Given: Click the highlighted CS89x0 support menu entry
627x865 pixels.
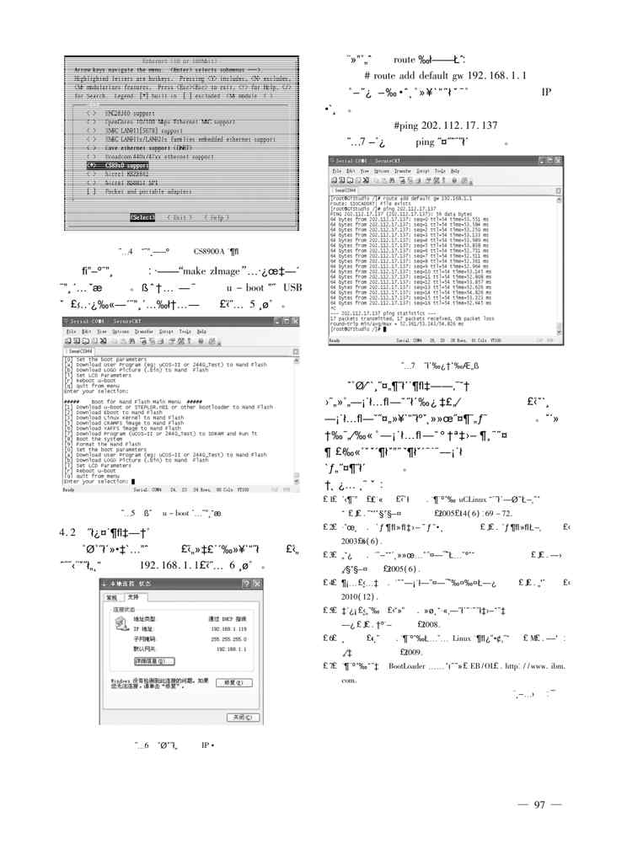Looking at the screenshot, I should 115,166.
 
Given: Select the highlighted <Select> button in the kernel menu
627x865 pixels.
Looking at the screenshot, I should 142,217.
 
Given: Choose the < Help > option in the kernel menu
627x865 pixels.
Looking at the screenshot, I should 216,217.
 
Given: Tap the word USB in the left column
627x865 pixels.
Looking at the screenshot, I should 292,288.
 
